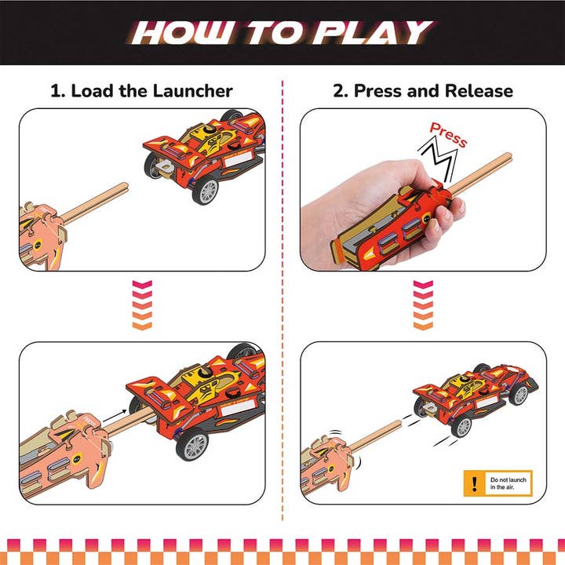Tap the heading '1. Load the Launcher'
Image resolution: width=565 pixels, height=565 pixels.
tap(141, 90)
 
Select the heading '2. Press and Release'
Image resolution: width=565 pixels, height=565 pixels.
tap(423, 90)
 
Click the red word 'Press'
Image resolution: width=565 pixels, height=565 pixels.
tap(448, 134)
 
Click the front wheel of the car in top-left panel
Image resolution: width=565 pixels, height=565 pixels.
tap(206, 191)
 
